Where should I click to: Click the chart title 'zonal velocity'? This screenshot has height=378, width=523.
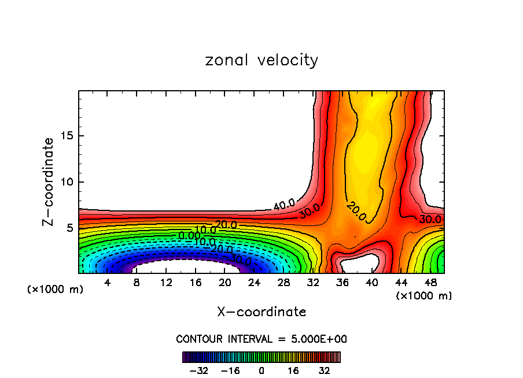(261, 60)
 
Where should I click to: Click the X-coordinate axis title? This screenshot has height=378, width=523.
(261, 312)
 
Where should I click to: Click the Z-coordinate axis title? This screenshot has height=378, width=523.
(49, 182)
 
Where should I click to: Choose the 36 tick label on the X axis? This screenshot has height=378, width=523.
(342, 283)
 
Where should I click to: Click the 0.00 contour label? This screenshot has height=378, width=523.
(189, 235)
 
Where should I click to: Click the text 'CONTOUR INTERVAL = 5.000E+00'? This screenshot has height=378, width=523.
(261, 339)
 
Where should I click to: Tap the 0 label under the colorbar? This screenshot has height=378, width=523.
(261, 370)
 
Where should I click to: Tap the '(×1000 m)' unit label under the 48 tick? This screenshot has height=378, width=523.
(424, 296)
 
